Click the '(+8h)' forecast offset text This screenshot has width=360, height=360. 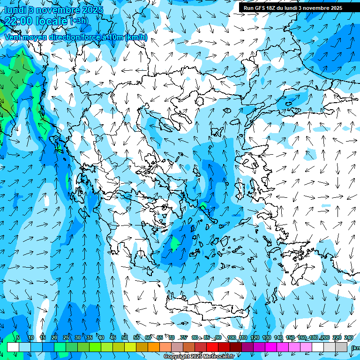pyautogui.click(x=79, y=21)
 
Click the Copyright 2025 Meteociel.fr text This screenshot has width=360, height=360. pyautogui.click(x=199, y=357)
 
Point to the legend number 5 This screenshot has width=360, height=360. pyautogui.click(x=18, y=338)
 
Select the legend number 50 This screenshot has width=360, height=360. pyautogui.click(x=125, y=338)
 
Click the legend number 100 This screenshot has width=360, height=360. pyautogui.click(x=231, y=338)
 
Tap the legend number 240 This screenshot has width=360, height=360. pyautogui.click(x=348, y=338)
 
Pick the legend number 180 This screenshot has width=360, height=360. pyautogui.click(x=314, y=338)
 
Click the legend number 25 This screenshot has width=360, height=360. pyautogui.click(x=66, y=338)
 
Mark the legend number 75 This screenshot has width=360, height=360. pyautogui.click(x=184, y=338)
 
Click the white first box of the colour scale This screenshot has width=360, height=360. pyautogui.click(x=13, y=347)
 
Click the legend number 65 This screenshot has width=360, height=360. pyautogui.click(x=160, y=338)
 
